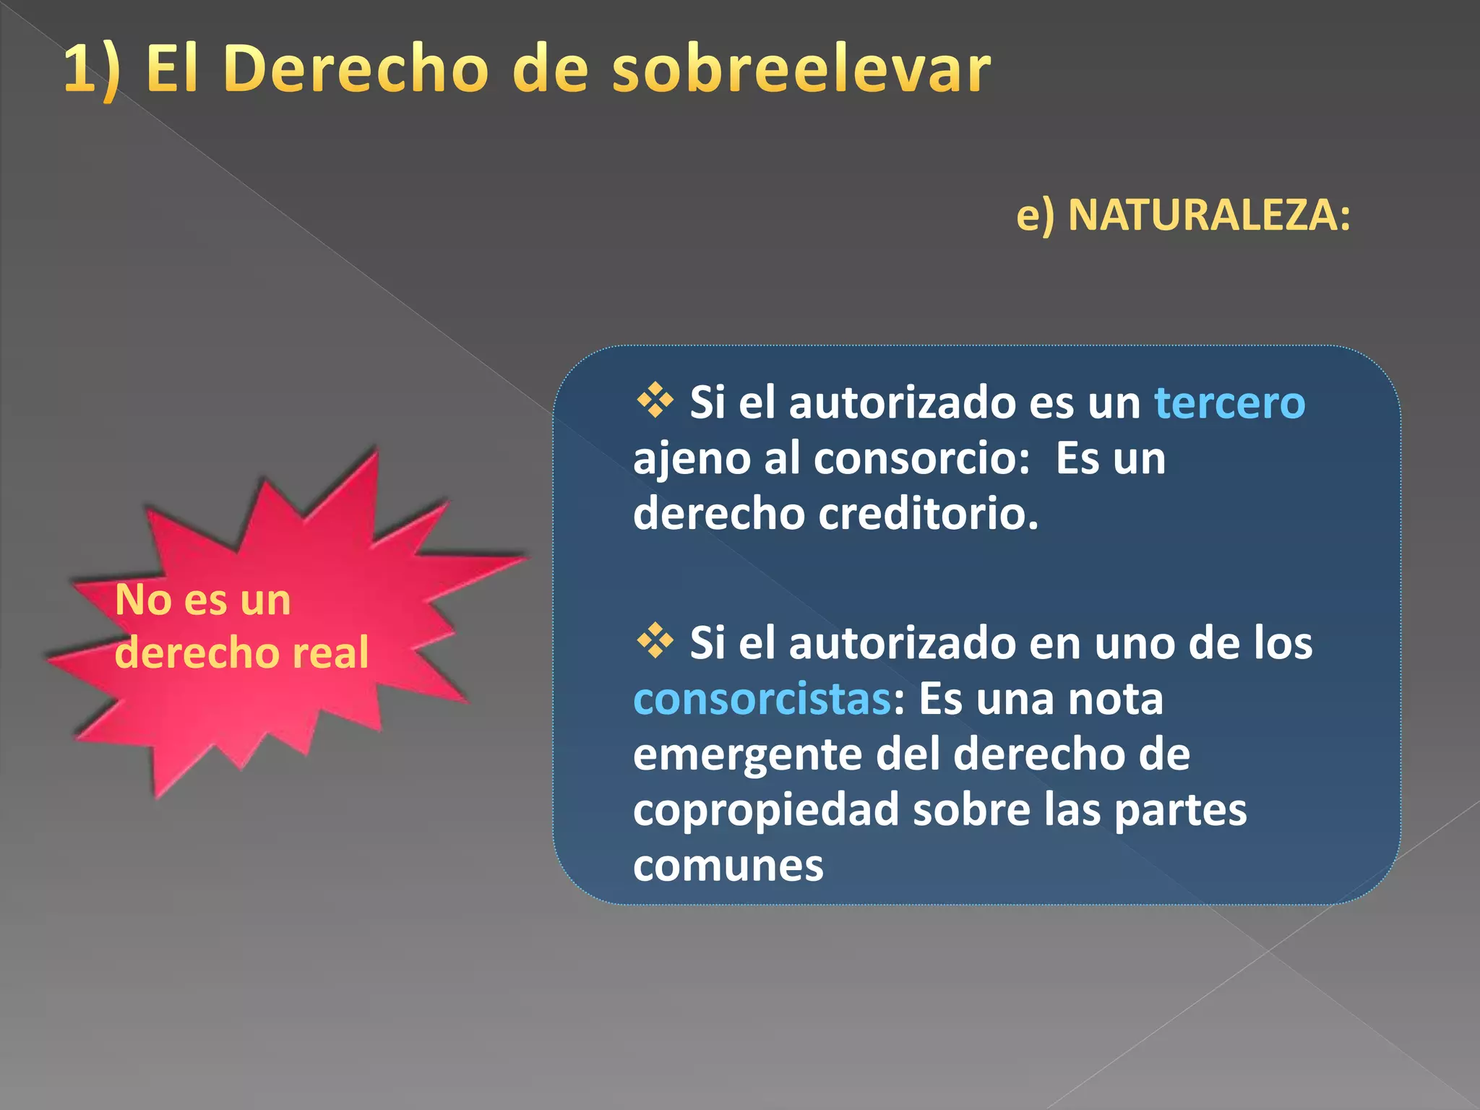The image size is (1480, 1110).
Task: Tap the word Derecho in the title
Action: click(x=356, y=69)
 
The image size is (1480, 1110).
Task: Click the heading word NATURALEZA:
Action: click(x=1209, y=215)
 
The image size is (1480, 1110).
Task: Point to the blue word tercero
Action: click(x=1229, y=403)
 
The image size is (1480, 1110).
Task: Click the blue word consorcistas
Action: click(x=762, y=699)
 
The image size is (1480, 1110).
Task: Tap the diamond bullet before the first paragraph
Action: click(x=655, y=400)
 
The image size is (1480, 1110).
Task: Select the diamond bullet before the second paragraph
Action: click(x=655, y=640)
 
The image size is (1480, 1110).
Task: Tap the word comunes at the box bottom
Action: click(x=728, y=865)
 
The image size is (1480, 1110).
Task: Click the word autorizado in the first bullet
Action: click(x=902, y=403)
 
